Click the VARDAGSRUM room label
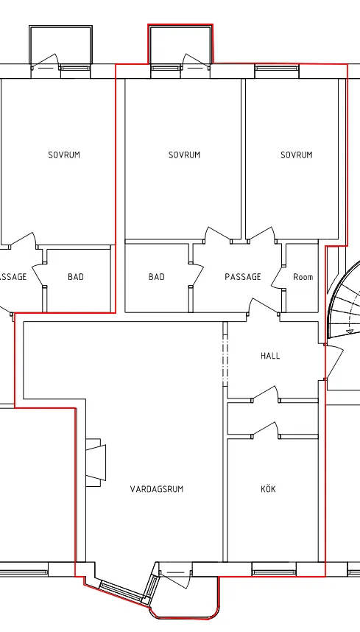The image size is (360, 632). (157, 489)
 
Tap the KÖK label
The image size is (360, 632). (268, 488)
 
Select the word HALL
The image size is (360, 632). (270, 356)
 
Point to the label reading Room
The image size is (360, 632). (303, 277)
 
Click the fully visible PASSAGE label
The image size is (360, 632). (243, 277)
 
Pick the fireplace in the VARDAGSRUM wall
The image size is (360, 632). (96, 463)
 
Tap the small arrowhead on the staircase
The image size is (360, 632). (350, 331)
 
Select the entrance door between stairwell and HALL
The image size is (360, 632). (333, 362)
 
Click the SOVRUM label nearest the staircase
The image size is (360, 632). (297, 155)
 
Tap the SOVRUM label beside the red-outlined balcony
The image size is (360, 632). (185, 155)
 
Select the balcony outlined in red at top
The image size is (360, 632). (180, 44)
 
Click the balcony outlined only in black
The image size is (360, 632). (61, 45)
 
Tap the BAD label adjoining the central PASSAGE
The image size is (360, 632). (157, 277)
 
